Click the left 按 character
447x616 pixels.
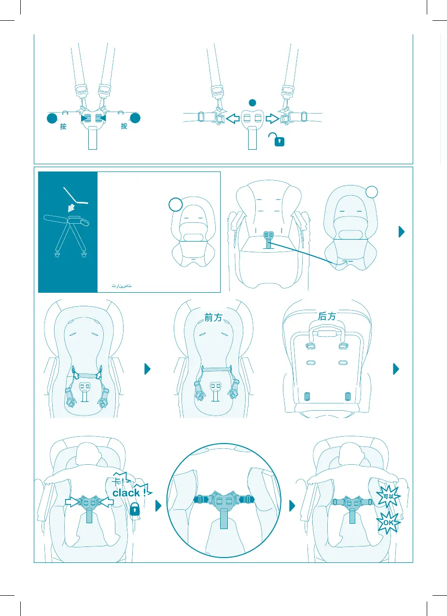click(x=63, y=127)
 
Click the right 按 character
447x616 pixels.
click(x=124, y=127)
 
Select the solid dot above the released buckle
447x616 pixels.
click(x=251, y=102)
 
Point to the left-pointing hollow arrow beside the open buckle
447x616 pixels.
click(x=233, y=118)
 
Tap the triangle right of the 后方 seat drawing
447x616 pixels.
click(x=396, y=369)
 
